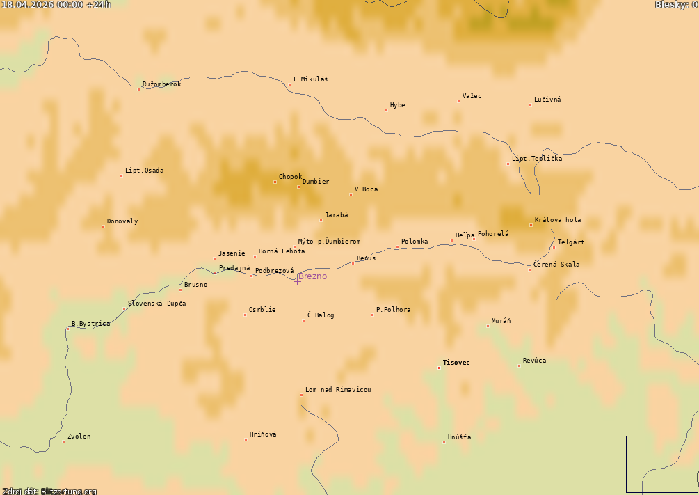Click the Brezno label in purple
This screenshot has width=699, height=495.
click(312, 276)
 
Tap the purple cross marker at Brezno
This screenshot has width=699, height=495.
click(298, 280)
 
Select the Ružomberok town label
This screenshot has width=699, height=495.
click(161, 84)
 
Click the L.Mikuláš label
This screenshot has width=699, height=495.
click(310, 79)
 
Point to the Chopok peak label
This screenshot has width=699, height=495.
click(290, 177)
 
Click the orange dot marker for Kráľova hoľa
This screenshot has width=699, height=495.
click(531, 225)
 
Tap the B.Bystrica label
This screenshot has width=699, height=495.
click(90, 324)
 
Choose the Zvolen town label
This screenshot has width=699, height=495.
click(79, 437)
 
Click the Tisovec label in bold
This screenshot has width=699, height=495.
click(456, 363)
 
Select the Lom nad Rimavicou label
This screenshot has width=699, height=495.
click(338, 390)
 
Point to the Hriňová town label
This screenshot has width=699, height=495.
click(263, 434)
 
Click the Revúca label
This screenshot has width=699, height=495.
click(534, 361)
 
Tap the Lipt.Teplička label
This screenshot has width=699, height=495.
click(537, 159)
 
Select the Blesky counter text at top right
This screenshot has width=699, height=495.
click(675, 5)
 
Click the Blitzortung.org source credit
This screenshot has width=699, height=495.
click(49, 491)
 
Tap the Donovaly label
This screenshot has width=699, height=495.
click(122, 221)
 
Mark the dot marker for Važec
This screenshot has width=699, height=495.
click(458, 101)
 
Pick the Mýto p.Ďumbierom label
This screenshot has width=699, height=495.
click(329, 242)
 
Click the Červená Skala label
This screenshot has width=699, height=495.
click(556, 265)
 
